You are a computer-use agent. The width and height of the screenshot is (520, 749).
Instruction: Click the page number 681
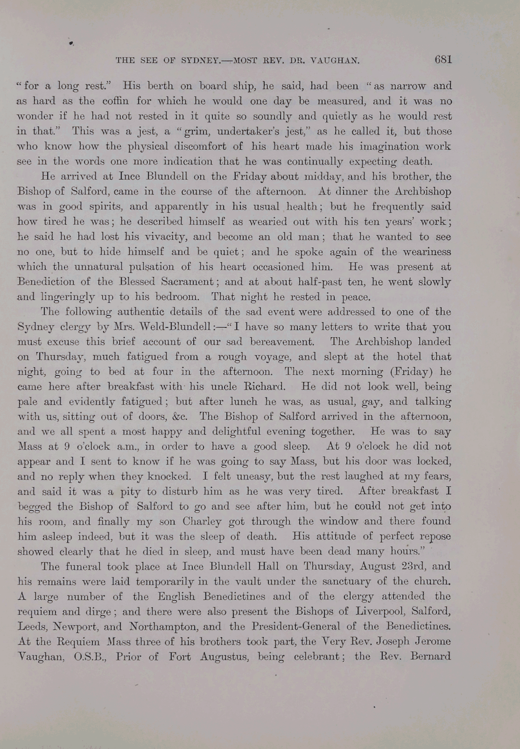point(443,59)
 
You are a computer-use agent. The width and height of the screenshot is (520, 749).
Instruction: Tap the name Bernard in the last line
point(430,657)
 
